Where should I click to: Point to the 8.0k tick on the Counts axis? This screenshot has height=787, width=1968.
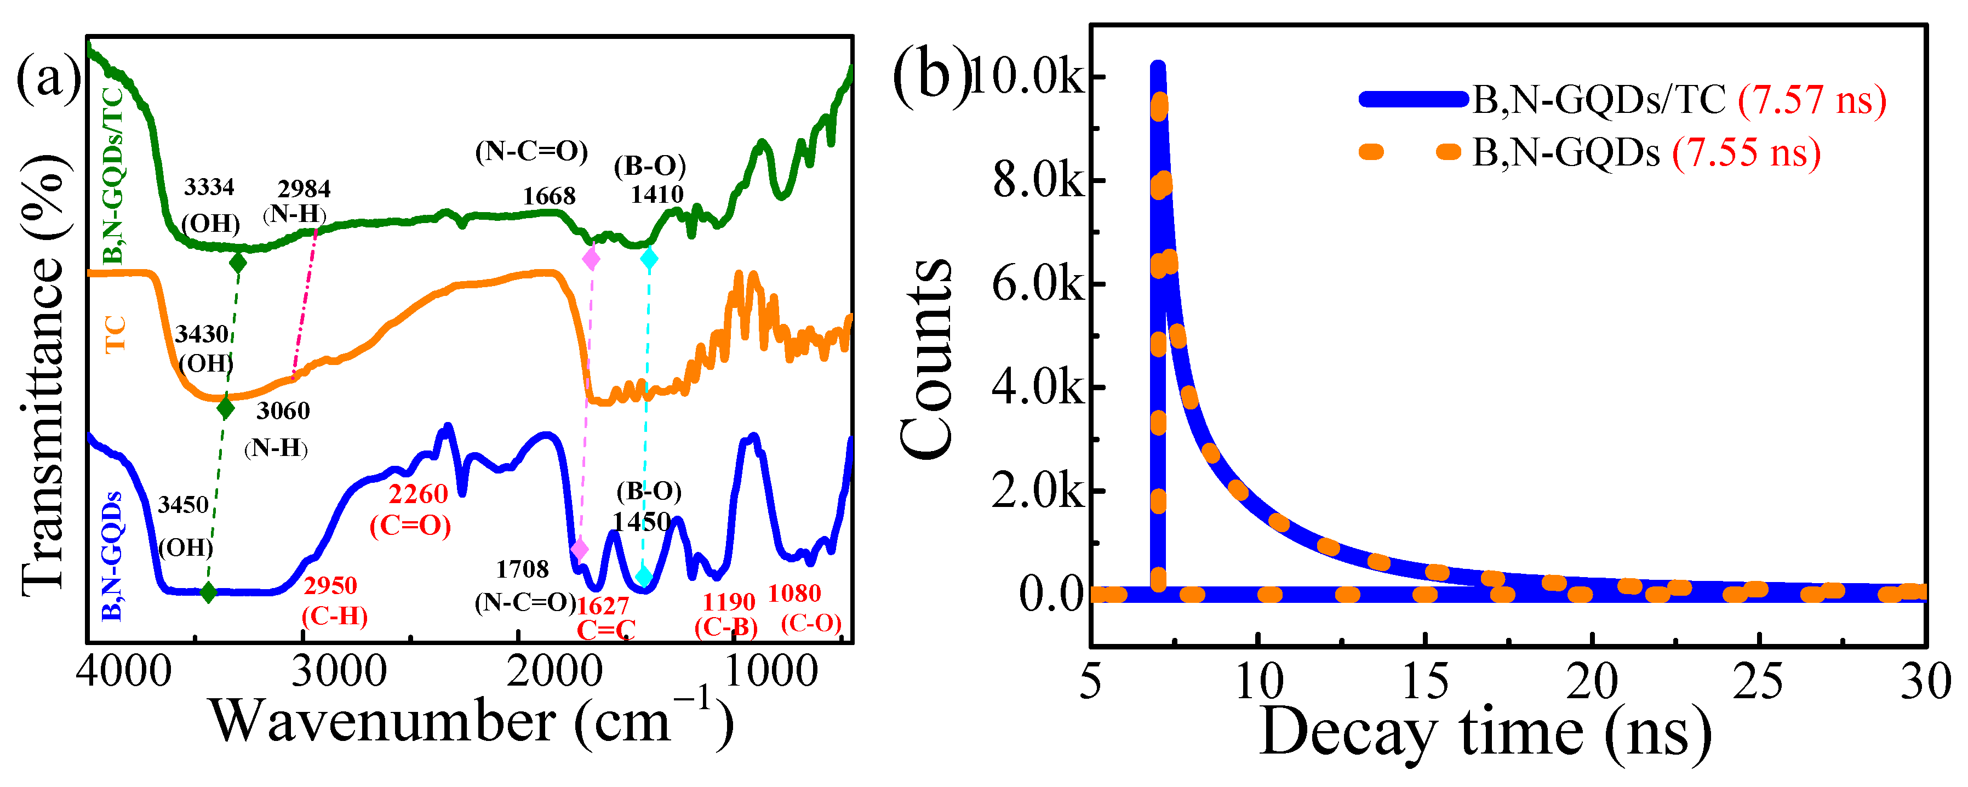click(1038, 180)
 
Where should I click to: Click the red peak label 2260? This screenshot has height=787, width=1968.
click(418, 494)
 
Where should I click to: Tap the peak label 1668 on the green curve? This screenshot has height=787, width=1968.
click(548, 196)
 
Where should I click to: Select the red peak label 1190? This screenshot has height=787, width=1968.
click(728, 602)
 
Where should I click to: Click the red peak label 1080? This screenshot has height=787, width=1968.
click(794, 593)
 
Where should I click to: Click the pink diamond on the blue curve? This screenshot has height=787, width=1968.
click(579, 549)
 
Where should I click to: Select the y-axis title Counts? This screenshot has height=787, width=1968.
click(926, 358)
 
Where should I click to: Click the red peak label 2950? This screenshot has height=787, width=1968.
click(330, 586)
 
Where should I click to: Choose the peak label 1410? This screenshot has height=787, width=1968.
click(656, 195)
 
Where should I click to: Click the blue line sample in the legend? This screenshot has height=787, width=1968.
click(1414, 99)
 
